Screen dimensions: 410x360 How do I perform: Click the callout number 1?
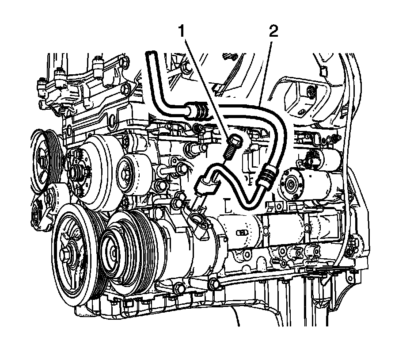pos(182,32)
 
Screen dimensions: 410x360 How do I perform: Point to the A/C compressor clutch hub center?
pos(114,252)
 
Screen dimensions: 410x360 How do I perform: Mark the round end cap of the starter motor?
pos(290,184)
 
